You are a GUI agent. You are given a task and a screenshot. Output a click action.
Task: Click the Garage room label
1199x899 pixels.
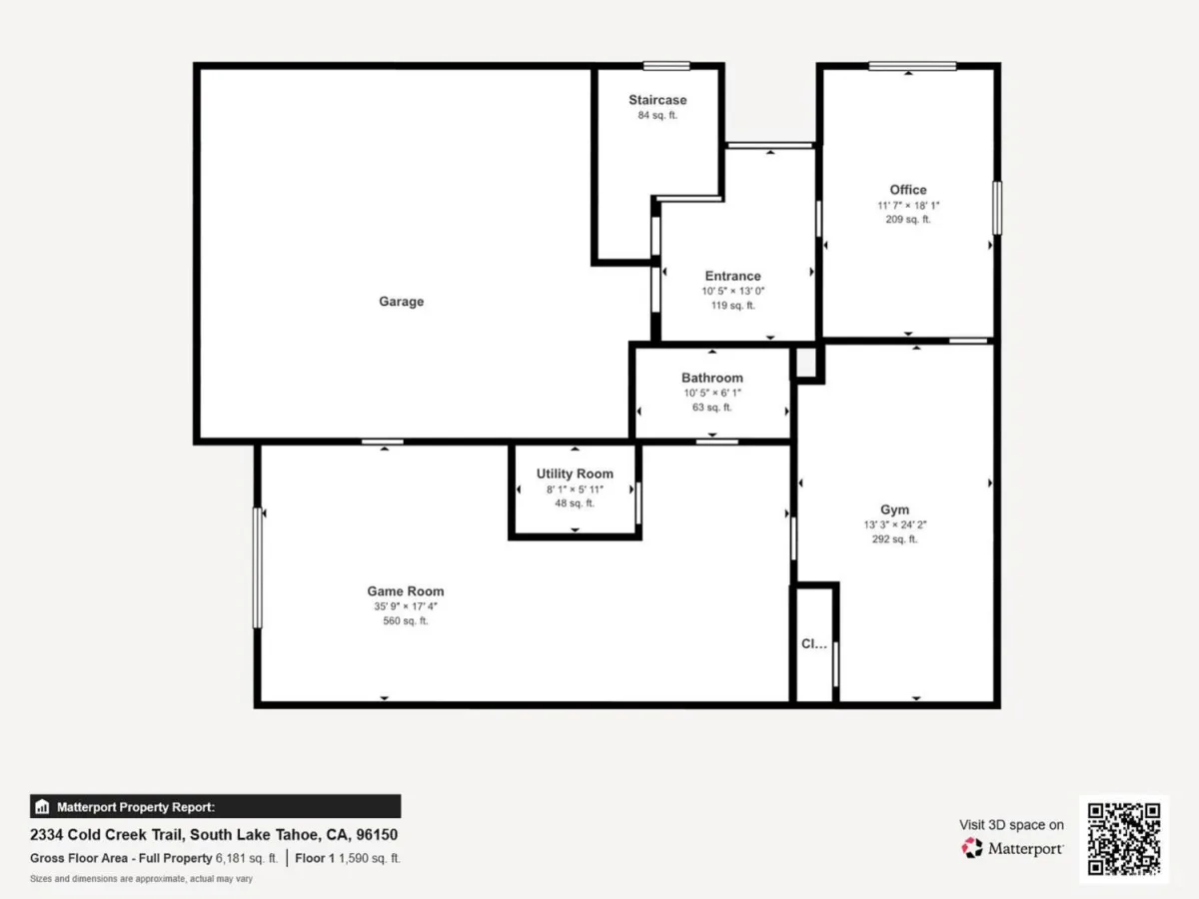(x=401, y=302)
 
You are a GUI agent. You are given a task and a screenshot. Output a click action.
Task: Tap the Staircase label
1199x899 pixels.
(x=657, y=100)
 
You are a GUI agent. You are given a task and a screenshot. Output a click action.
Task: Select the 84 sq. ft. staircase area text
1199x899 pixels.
(x=657, y=115)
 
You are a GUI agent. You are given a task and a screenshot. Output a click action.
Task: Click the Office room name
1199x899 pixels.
(x=908, y=190)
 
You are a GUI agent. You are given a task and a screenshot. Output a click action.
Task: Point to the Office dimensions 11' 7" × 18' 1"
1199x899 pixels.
(x=908, y=205)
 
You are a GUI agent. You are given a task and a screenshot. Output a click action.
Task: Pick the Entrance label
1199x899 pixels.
(x=732, y=276)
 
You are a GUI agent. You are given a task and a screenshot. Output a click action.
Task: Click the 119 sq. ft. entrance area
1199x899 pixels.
(x=732, y=305)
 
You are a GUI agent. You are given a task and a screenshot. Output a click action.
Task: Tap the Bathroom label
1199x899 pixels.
(x=711, y=378)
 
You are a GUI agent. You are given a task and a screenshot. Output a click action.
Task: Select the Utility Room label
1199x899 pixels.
(x=575, y=473)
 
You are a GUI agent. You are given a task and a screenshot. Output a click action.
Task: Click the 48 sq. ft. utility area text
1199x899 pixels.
(x=575, y=503)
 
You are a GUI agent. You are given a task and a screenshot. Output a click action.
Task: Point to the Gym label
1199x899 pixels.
(x=894, y=509)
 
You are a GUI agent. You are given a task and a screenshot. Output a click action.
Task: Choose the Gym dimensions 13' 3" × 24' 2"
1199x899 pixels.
(x=894, y=524)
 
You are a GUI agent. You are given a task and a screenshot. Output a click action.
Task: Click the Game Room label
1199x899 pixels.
(x=406, y=591)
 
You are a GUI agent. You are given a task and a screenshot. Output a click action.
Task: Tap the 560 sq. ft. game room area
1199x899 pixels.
(x=406, y=620)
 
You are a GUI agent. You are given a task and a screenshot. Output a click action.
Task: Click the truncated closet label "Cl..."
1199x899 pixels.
(x=814, y=643)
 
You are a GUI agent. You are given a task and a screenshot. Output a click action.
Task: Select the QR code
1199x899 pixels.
(x=1124, y=838)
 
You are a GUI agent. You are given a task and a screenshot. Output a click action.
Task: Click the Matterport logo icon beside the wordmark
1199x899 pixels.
(x=972, y=848)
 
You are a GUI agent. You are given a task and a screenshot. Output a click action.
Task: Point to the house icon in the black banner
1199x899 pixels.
(x=42, y=806)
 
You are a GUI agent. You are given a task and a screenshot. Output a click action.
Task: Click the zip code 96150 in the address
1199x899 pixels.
(x=377, y=835)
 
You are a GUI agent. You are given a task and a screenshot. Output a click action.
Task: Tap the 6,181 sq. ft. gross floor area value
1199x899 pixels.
(x=247, y=858)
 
